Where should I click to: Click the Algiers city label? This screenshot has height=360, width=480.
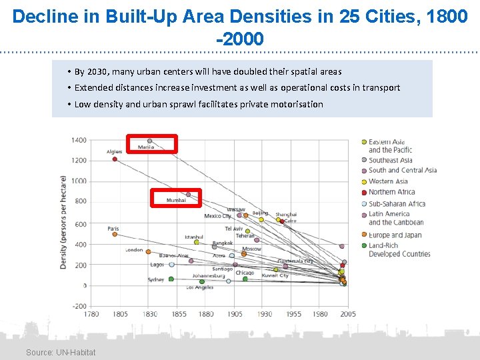coord(115,152)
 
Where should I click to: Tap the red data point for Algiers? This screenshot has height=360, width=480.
coord(115,159)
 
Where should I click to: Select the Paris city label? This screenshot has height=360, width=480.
coord(113,229)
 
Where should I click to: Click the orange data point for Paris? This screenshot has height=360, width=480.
coord(115,234)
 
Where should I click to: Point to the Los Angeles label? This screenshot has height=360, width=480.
coord(199,287)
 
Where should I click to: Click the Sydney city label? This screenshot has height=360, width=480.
coord(156,279)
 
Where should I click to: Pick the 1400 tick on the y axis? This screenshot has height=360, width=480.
coord(79,140)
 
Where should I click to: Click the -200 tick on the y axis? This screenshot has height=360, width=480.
coord(79,305)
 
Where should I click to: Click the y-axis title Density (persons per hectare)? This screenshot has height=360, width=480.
coord(64,223)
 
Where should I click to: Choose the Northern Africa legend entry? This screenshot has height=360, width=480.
coord(391,192)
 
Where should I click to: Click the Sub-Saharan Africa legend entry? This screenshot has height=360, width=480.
coord(397,203)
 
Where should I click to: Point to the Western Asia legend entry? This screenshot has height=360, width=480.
coord(388,181)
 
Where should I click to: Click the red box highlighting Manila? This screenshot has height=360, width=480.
coord(153,143)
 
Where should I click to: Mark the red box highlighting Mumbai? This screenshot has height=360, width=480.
coord(175,197)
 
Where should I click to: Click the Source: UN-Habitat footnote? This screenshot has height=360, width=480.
coord(61,352)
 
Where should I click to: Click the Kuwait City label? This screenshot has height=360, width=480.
coord(275,275)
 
